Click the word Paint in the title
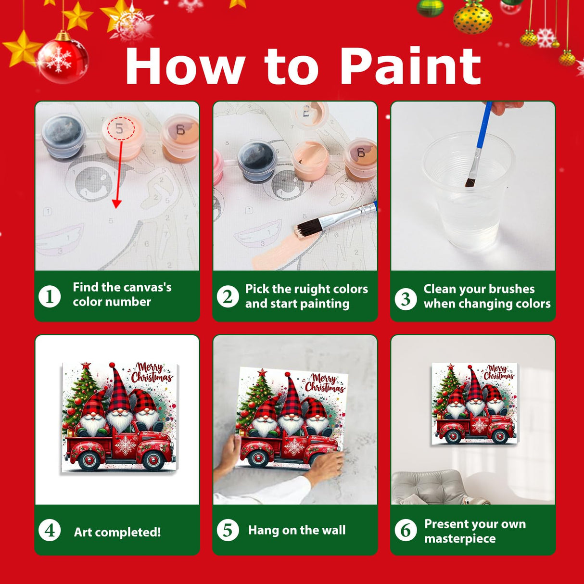coord(410,66)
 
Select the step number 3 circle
coord(406,299)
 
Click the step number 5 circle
coord(228,530)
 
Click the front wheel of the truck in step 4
coord(153,461)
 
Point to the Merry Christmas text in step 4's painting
coord(151,373)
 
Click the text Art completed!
coord(117,532)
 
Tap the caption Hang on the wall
coord(296,530)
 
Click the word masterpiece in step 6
coord(459,539)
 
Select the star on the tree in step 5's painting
coord(262,372)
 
